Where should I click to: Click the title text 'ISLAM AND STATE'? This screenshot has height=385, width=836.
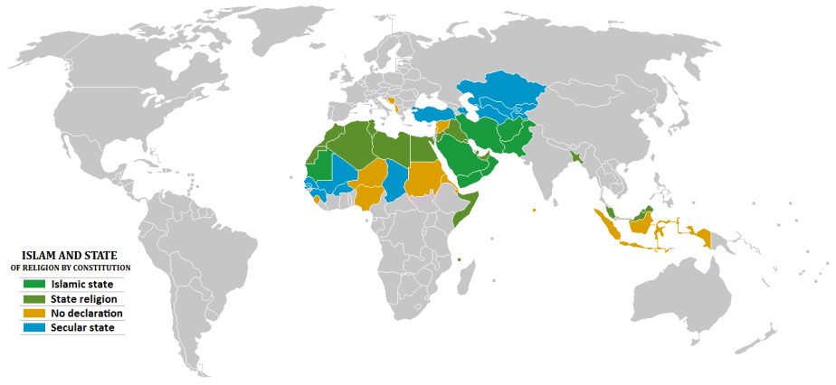click(x=70, y=256)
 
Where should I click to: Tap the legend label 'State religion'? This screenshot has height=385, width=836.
click(x=84, y=298)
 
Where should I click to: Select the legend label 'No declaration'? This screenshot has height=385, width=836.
click(x=87, y=313)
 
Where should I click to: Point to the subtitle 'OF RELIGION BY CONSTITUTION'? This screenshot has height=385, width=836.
click(x=71, y=268)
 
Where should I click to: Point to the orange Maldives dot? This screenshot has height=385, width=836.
click(x=535, y=211)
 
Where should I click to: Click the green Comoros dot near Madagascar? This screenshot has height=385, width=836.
click(x=460, y=260)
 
